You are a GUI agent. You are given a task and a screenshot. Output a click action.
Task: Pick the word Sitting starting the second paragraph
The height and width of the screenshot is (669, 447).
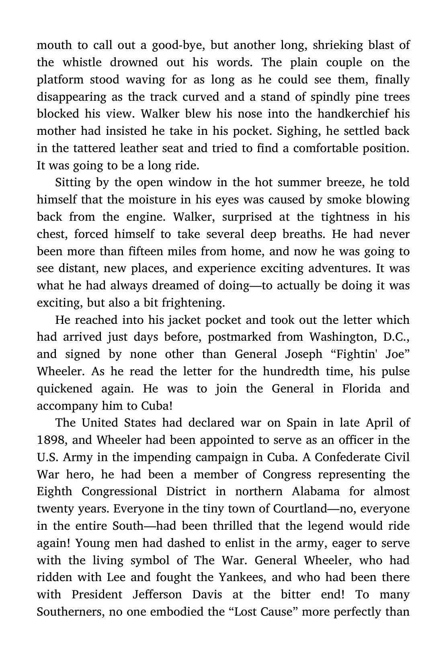73,183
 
